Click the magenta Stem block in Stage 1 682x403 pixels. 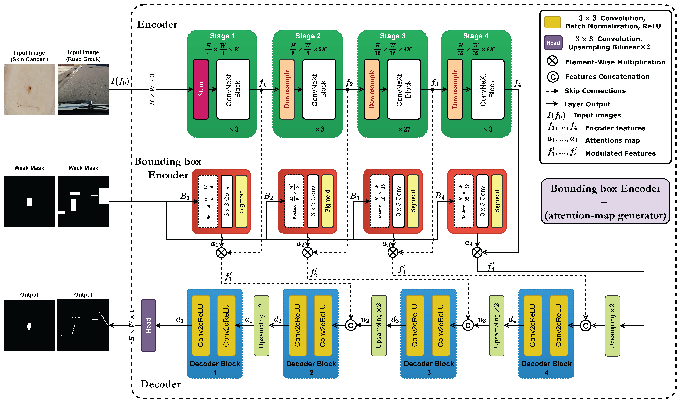click(201, 89)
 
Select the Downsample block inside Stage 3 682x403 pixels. click(371, 89)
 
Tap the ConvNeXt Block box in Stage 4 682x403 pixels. click(487, 89)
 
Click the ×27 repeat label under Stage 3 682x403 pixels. click(404, 129)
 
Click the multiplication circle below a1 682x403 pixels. click(221, 253)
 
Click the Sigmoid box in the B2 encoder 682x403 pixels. click(327, 201)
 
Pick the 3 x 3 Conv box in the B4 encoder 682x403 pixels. click(482, 201)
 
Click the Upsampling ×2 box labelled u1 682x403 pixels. click(261, 325)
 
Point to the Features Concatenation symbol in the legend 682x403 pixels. click(552, 77)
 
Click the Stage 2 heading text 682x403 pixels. click(308, 36)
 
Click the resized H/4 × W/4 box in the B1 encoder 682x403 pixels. click(208, 201)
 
